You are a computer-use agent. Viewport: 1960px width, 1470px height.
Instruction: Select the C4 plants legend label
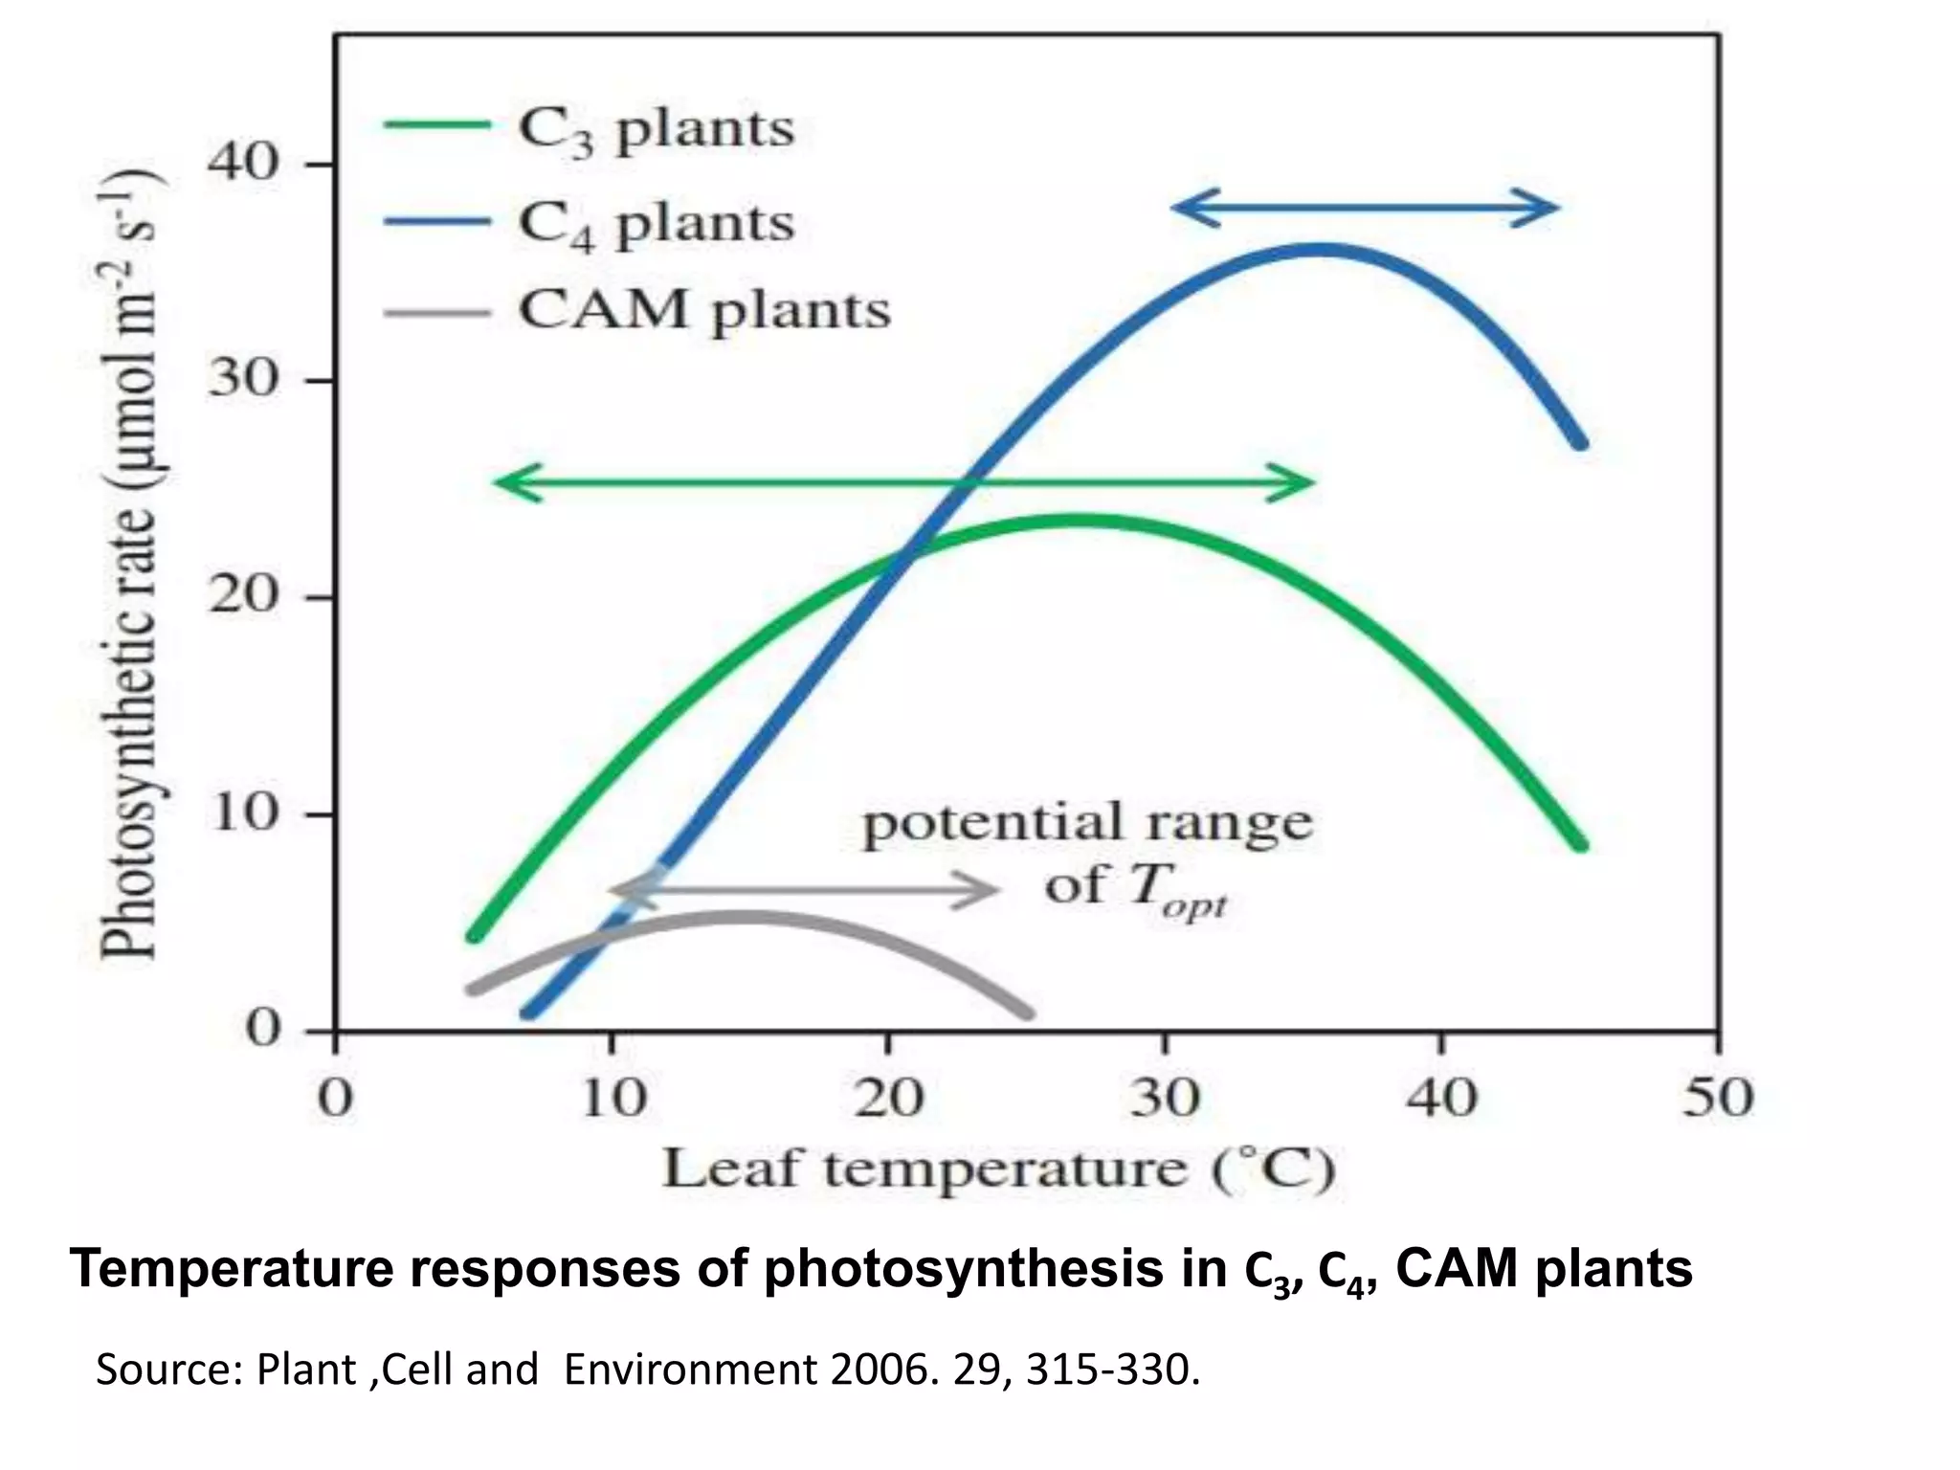(x=656, y=224)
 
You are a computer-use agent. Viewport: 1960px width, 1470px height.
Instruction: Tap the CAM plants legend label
(x=704, y=311)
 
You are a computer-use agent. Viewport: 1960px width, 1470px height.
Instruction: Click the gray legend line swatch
(x=436, y=313)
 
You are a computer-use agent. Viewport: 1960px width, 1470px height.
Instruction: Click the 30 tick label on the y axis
(x=242, y=381)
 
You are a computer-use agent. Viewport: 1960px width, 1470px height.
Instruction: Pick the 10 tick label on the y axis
(x=242, y=814)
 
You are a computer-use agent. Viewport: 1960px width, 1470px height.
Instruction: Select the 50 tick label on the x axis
(x=1718, y=1098)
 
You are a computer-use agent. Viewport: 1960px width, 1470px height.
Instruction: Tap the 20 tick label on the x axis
(x=888, y=1098)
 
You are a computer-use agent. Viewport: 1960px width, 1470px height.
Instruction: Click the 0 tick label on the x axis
(x=335, y=1098)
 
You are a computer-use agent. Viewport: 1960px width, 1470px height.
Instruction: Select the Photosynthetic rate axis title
(x=131, y=565)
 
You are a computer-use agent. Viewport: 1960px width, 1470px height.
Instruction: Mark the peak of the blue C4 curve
(x=1321, y=250)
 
